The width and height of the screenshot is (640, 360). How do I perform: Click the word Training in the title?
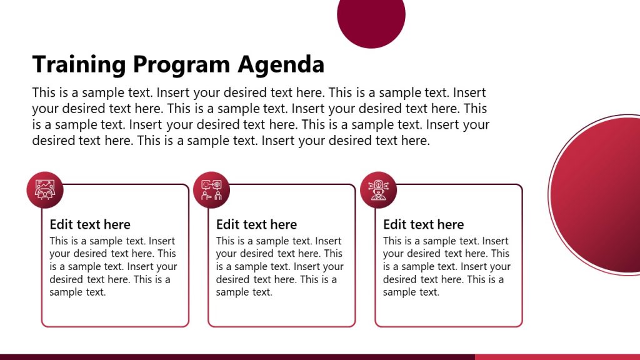(79, 64)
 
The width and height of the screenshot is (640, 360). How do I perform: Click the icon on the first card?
(45, 190)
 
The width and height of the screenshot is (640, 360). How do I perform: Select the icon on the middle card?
(212, 190)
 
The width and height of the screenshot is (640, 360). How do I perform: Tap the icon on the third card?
(379, 190)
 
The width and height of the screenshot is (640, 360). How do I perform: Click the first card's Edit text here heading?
(90, 224)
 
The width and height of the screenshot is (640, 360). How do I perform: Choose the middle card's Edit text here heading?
(256, 224)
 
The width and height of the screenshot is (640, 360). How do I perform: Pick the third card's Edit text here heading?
(423, 224)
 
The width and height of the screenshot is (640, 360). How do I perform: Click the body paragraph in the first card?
(112, 266)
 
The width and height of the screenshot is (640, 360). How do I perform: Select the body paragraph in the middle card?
(279, 266)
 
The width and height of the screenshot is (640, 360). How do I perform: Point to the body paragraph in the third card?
(446, 266)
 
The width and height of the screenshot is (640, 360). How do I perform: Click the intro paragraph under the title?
(261, 117)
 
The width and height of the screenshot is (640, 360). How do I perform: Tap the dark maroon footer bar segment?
(237, 357)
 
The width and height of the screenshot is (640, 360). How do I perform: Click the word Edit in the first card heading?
(61, 224)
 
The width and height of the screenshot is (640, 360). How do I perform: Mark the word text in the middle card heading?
(257, 224)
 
